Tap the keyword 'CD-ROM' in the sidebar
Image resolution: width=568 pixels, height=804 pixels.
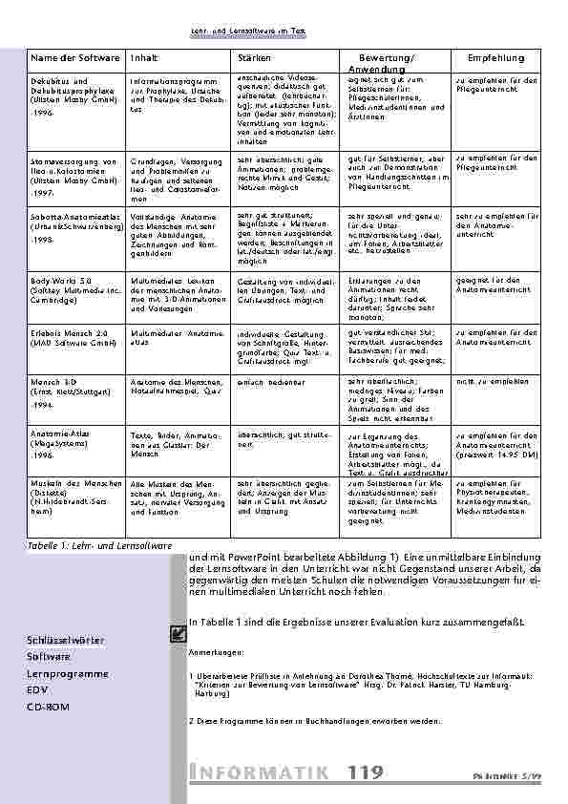[x=49, y=708]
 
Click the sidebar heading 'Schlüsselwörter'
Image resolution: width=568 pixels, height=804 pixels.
[x=66, y=640]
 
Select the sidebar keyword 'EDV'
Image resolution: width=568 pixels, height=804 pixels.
[x=38, y=690]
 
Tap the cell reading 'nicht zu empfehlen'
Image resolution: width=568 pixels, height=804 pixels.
[x=493, y=381]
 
